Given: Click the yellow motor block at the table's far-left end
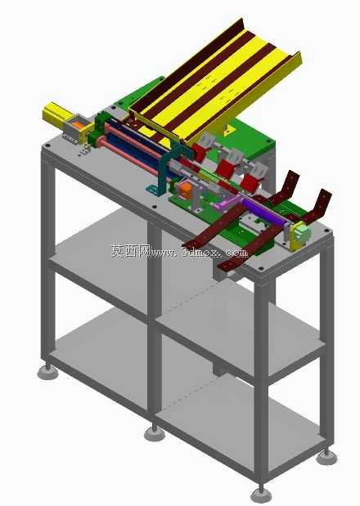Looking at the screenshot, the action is point(54,114).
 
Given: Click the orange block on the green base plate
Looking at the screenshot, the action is point(186,190).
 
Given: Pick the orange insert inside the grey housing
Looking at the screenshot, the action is point(78,123).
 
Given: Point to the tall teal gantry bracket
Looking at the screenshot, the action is point(163,172).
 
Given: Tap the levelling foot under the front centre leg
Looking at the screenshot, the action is point(155,434).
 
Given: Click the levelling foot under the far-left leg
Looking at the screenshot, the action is point(47,373).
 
